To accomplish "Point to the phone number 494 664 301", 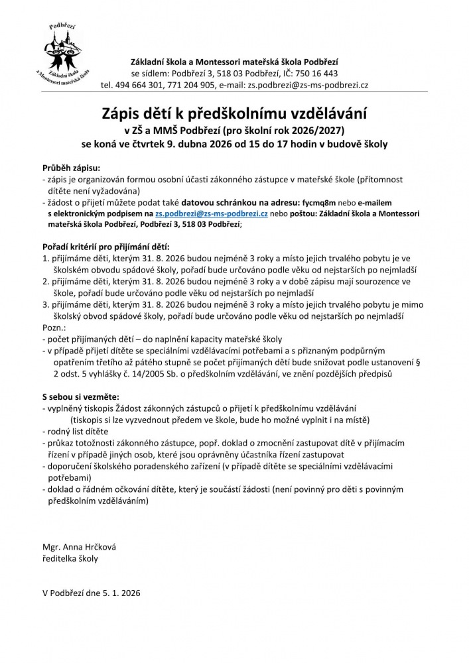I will click(137, 85).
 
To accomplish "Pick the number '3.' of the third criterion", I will click(44, 305).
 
